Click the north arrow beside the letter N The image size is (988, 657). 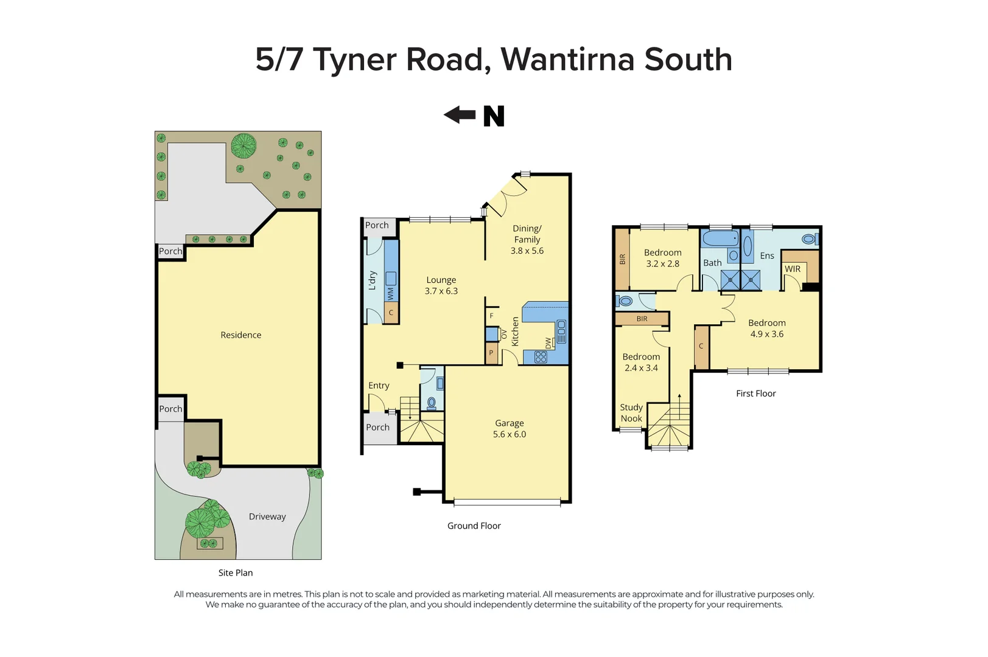pos(459,115)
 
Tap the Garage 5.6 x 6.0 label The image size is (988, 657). pos(510,429)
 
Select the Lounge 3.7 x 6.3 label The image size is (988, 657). pos(441,285)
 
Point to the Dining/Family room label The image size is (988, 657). pos(527,239)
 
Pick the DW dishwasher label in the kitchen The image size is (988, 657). pos(548,343)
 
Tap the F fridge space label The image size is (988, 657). pos(492,316)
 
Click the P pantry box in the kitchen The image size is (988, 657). pos(491,353)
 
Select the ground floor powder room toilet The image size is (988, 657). pos(432,403)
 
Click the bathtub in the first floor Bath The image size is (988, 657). pos(720,238)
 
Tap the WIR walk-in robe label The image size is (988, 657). pos(793,269)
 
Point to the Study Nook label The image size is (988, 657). pos(631,413)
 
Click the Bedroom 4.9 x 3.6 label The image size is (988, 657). pos(767,328)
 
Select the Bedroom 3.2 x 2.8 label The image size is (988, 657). pos(663,258)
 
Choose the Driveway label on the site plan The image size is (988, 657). pos(267,516)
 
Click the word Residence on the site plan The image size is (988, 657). pos(241,335)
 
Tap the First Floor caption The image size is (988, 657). pos(756,394)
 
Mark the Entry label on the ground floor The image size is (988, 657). pos(379,386)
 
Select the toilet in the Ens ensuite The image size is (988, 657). pos(810,239)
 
